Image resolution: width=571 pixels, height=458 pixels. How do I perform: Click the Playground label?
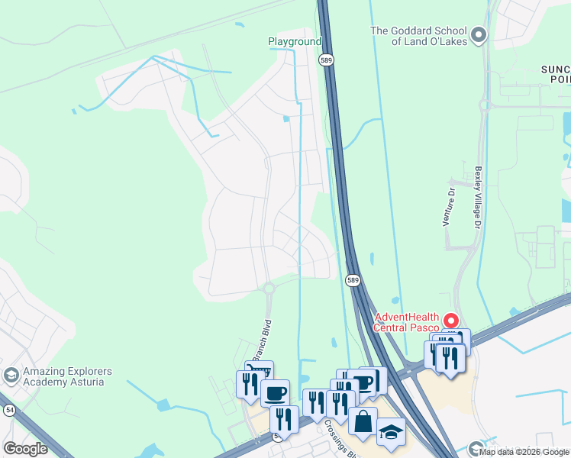[295, 41]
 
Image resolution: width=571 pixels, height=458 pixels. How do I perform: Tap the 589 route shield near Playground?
[326, 59]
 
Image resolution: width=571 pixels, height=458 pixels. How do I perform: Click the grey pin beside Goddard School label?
[479, 34]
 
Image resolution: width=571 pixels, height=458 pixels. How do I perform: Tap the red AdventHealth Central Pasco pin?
[450, 321]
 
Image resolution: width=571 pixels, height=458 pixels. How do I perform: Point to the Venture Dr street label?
[449, 208]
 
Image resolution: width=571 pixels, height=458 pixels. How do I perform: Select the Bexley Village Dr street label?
[478, 197]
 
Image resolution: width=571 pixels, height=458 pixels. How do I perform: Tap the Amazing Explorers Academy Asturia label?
[67, 376]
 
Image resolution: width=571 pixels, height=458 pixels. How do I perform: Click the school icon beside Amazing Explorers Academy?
[11, 376]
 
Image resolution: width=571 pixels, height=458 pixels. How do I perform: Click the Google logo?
[25, 448]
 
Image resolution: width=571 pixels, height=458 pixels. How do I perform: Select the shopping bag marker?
[363, 421]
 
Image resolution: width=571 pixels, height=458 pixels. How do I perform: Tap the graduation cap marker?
[391, 431]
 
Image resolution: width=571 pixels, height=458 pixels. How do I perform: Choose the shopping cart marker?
[259, 372]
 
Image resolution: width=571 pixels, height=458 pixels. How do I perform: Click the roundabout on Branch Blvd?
[268, 289]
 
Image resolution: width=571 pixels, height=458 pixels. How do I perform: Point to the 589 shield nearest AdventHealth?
[353, 280]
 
